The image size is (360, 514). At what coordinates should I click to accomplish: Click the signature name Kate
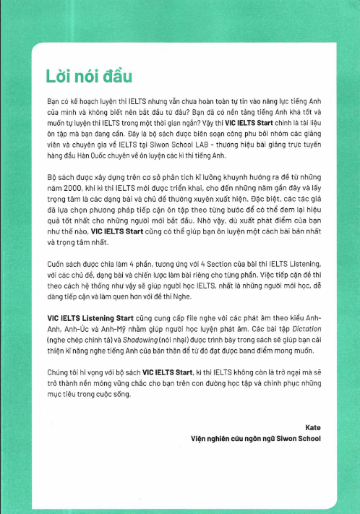pos(313,428)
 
